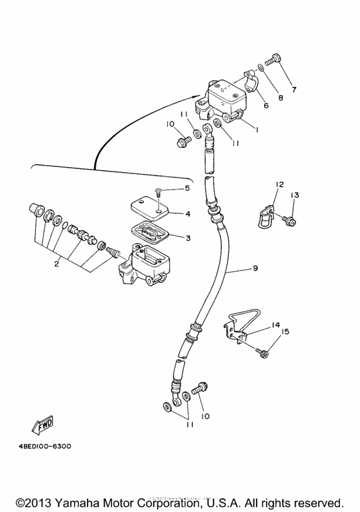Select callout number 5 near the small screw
[187, 188]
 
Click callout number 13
[294, 195]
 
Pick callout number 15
[285, 332]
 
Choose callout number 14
[275, 325]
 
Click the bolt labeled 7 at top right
[273, 59]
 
